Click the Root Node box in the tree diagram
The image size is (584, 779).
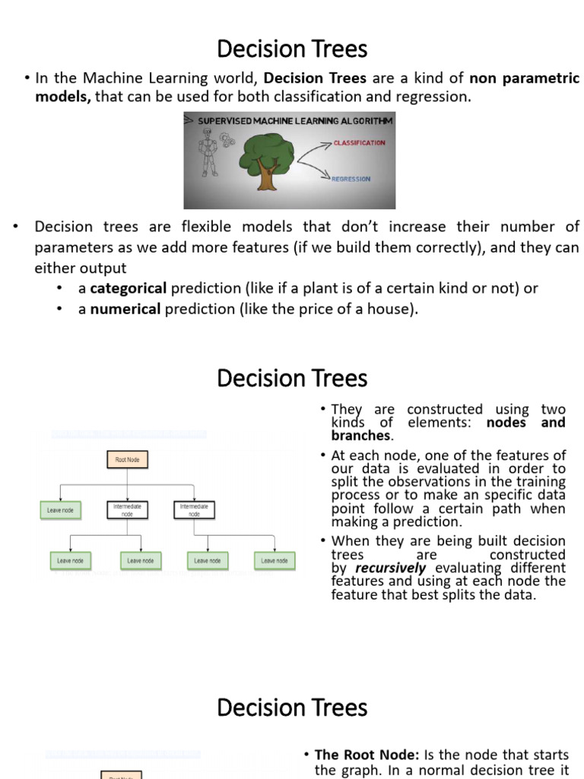(x=127, y=460)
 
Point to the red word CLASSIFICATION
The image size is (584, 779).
(x=359, y=143)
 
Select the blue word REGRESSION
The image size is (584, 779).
(x=351, y=180)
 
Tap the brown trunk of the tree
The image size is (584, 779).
(x=267, y=176)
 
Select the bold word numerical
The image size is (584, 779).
(x=125, y=309)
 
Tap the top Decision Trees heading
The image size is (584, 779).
(x=292, y=49)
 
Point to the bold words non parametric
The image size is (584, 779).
(x=524, y=78)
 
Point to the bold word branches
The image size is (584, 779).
(x=361, y=436)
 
